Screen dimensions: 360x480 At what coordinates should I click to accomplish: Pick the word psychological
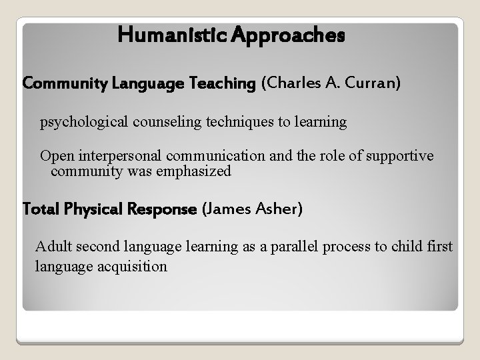click(x=79, y=122)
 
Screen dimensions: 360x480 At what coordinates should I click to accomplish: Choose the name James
click(x=227, y=209)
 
